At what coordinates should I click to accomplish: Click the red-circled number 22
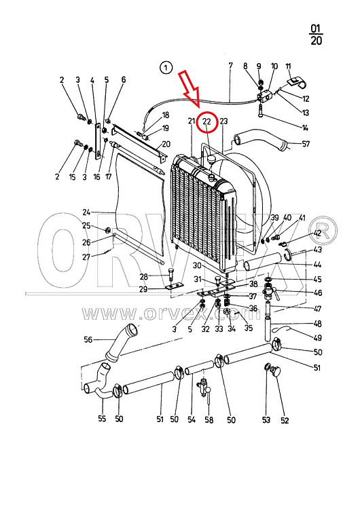pos(207,121)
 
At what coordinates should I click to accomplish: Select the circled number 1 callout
pos(166,68)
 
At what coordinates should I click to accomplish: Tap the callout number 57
pos(306,144)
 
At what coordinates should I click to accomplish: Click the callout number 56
pos(88,339)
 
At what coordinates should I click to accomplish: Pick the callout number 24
pos(86,212)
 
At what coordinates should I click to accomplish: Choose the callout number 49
pos(317,338)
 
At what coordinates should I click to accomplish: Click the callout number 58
pos(209,419)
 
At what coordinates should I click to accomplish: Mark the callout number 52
pos(285,420)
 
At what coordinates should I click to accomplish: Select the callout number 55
pos(102,419)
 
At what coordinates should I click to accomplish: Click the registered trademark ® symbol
pos(323,232)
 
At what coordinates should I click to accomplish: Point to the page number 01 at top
pos(315,29)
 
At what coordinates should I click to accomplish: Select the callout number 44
pos(317,265)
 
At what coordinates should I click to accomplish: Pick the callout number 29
pos(143,289)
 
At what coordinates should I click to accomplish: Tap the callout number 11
pos(288,67)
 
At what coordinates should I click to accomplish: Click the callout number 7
pos(231,66)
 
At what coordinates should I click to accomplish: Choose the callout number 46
pos(318,293)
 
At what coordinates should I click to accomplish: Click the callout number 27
pos(86,257)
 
